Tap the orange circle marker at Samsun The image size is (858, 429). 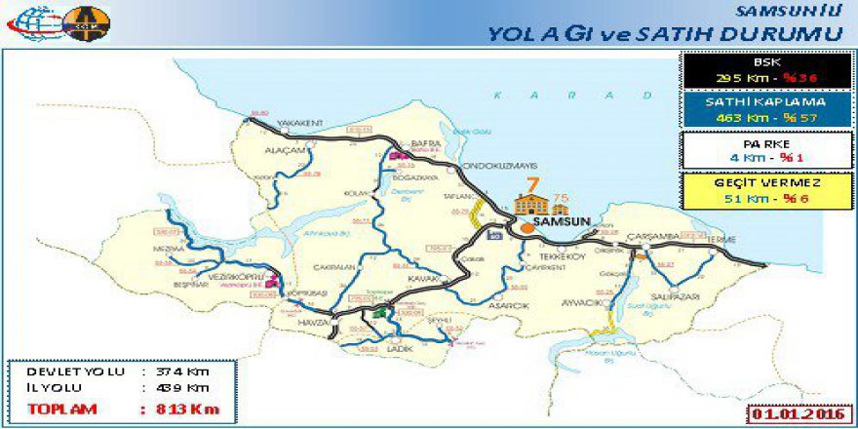pyautogui.click(x=527, y=226)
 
